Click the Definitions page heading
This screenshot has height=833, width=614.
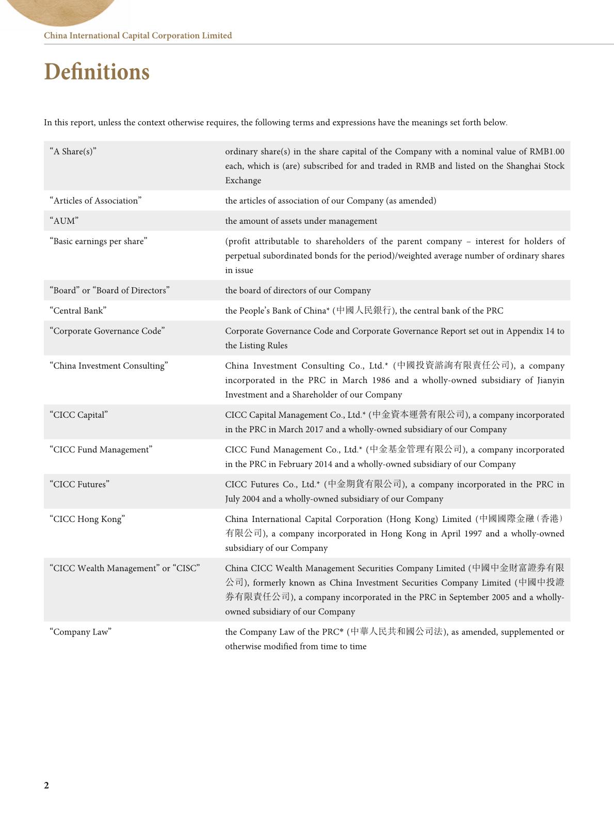tap(96, 72)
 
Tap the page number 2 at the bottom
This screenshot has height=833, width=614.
tap(46, 785)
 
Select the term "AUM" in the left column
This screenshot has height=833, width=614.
tap(64, 221)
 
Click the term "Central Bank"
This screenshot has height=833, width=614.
tap(78, 311)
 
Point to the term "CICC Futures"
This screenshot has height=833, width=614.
tap(79, 484)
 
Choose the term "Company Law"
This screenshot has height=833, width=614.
tap(80, 632)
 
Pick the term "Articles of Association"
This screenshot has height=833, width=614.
tap(95, 201)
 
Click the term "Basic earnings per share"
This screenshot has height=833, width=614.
tap(98, 241)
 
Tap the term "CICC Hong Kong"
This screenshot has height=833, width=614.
tap(87, 519)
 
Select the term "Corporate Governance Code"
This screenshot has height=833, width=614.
tap(107, 331)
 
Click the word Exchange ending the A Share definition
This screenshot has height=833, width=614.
tap(243, 181)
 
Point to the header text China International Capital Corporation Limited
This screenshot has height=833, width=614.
tap(138, 36)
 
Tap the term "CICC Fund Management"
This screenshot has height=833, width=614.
tap(101, 450)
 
